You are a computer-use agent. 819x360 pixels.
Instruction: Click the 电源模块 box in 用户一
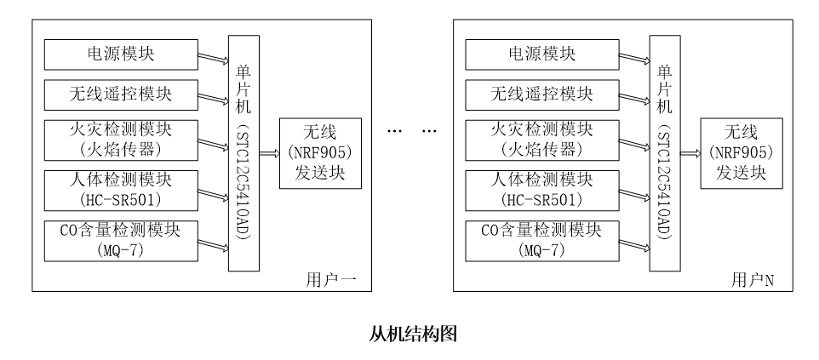click(x=119, y=55)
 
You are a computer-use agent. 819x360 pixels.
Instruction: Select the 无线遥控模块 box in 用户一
click(x=119, y=93)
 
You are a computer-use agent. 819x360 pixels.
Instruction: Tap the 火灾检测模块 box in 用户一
click(x=119, y=140)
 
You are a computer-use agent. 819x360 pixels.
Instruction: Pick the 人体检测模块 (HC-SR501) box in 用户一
click(x=119, y=189)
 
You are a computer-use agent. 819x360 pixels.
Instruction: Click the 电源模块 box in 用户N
click(x=541, y=55)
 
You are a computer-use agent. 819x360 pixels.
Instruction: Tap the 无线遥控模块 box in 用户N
click(x=541, y=93)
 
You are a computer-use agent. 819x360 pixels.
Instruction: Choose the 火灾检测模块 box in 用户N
click(x=541, y=140)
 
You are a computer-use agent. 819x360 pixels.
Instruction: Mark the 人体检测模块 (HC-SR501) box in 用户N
click(x=541, y=189)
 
